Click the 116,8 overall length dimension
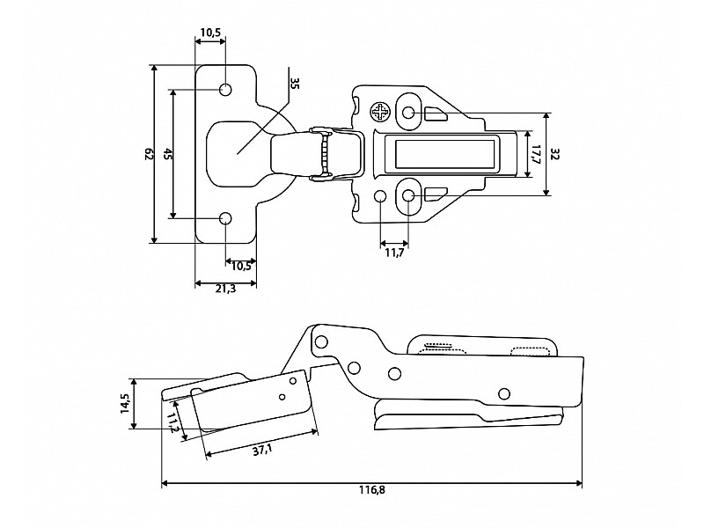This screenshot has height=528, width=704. [x=371, y=489]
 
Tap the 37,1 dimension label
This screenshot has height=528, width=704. [x=261, y=451]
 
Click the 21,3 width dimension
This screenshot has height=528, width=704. [x=225, y=289]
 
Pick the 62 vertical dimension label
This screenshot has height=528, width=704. [x=150, y=154]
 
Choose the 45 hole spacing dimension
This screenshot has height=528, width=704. [x=167, y=154]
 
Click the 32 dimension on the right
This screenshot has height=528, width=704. [x=555, y=154]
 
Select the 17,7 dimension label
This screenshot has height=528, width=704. [x=535, y=155]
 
